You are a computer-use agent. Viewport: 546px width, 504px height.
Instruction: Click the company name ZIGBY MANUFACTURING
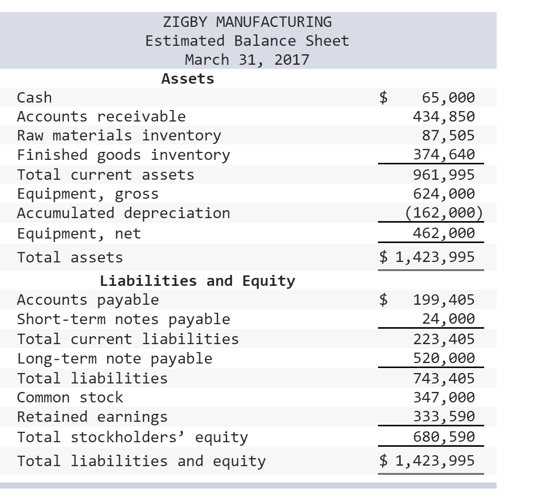pyautogui.click(x=247, y=22)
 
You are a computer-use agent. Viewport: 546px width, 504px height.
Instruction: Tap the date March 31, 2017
pyautogui.click(x=247, y=60)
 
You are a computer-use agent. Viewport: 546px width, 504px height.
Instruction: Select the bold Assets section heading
pyautogui.click(x=188, y=79)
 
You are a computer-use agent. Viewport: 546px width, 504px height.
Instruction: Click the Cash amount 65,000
pyautogui.click(x=448, y=97)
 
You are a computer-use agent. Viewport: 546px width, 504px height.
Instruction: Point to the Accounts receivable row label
pyautogui.click(x=101, y=117)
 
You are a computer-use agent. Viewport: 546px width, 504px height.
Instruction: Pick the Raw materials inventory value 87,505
pyautogui.click(x=448, y=135)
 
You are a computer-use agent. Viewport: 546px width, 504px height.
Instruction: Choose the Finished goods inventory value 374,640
pyautogui.click(x=444, y=155)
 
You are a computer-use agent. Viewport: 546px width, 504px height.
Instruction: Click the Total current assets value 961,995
pyautogui.click(x=444, y=175)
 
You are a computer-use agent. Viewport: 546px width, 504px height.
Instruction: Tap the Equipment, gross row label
pyautogui.click(x=88, y=194)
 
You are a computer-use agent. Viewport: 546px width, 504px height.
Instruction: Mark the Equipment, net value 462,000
pyautogui.click(x=444, y=233)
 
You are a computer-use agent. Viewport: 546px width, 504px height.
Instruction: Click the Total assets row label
pyautogui.click(x=70, y=257)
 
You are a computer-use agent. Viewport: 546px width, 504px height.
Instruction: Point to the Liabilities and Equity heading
pyautogui.click(x=197, y=281)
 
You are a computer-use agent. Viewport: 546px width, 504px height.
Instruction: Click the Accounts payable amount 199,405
pyautogui.click(x=444, y=300)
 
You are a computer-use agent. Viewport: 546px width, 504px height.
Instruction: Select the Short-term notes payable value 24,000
pyautogui.click(x=448, y=319)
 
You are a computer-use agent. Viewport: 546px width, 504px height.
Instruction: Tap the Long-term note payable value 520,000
pyautogui.click(x=444, y=358)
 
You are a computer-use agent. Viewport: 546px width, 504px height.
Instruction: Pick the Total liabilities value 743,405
pyautogui.click(x=444, y=378)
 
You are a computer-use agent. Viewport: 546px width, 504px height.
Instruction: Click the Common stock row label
pyautogui.click(x=70, y=397)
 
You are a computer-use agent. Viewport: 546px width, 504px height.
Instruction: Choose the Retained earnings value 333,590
pyautogui.click(x=444, y=416)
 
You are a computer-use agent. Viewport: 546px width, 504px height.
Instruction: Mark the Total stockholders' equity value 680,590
pyautogui.click(x=444, y=437)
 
